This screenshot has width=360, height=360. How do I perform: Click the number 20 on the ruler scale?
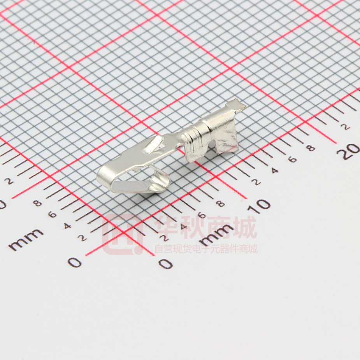(348, 151)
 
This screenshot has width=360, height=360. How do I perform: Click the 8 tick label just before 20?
(311, 148)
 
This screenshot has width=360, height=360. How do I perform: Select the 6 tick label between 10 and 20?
(293, 159)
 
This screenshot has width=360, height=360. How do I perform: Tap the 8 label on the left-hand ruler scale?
(37, 203)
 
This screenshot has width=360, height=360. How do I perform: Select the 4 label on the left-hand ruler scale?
(67, 226)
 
